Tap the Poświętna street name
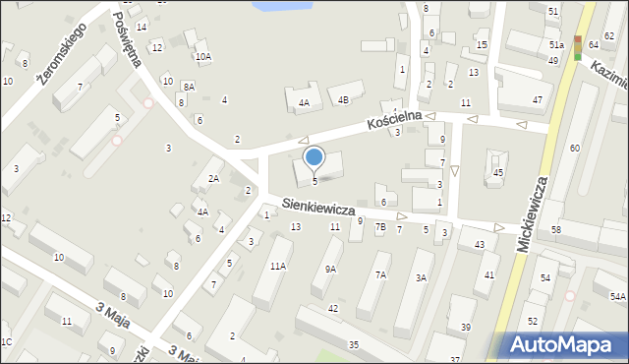point(129,38)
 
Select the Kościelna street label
point(394,120)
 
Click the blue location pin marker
point(314,157)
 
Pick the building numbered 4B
point(343,99)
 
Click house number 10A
point(202,57)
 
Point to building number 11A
point(278,266)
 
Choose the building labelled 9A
point(330,268)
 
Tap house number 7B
point(380,227)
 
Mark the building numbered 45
point(498,173)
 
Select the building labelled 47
point(537,100)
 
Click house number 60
point(574,148)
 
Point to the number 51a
point(556,45)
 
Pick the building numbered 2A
point(213,178)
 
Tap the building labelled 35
point(353,344)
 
